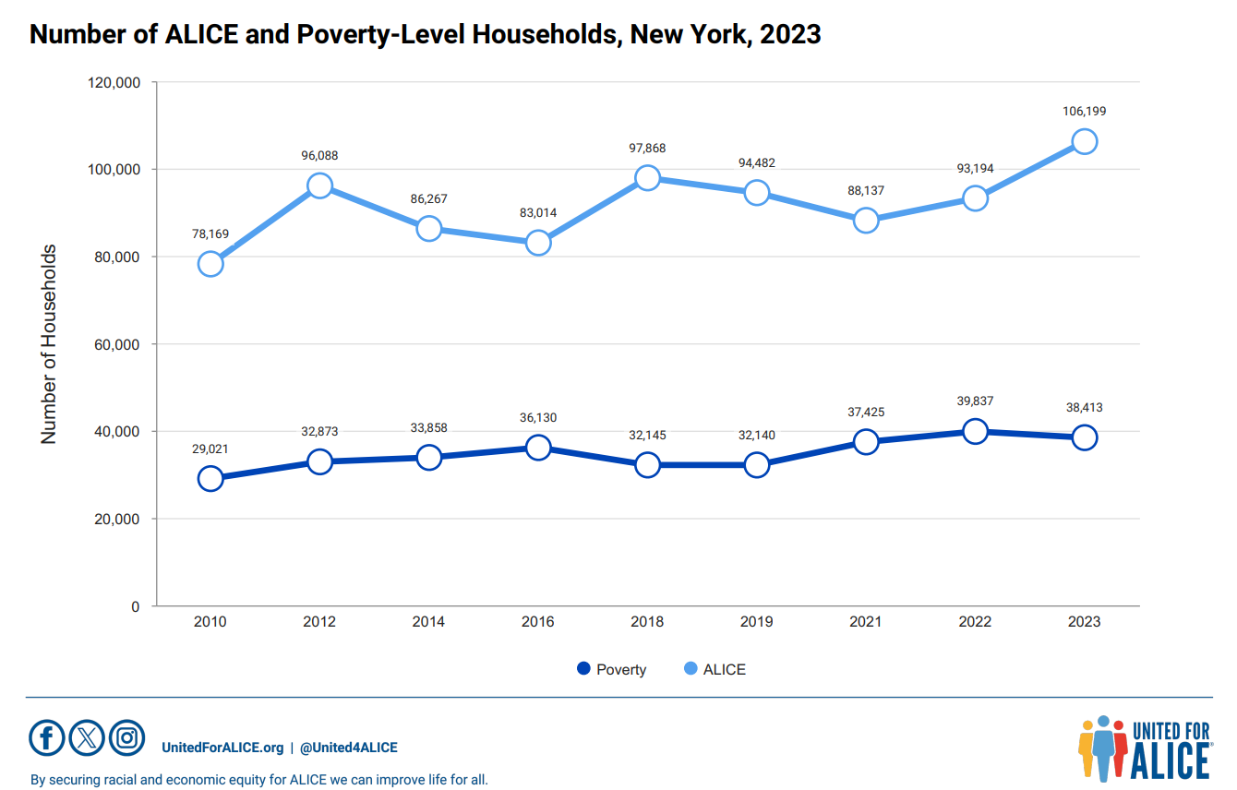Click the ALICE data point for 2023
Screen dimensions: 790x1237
(x=1084, y=142)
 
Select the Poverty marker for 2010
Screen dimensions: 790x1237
(x=210, y=478)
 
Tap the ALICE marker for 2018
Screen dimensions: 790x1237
(x=647, y=178)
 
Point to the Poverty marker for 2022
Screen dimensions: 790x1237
(x=975, y=431)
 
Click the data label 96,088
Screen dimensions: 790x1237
(x=319, y=156)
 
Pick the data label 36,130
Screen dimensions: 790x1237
(x=538, y=418)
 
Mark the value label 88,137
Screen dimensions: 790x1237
(x=865, y=190)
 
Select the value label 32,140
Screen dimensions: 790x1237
(x=756, y=435)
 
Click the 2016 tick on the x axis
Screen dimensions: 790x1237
(x=538, y=622)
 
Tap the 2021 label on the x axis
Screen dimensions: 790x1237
(x=865, y=622)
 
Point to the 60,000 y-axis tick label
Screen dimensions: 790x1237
(x=115, y=344)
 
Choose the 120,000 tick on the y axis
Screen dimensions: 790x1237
(x=113, y=82)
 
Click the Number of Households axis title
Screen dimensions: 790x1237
(x=49, y=344)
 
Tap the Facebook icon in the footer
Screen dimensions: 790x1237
(x=47, y=737)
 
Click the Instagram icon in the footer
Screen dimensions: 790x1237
(x=127, y=737)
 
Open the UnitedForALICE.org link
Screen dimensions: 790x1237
(x=222, y=748)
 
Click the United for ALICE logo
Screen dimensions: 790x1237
(x=1144, y=747)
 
